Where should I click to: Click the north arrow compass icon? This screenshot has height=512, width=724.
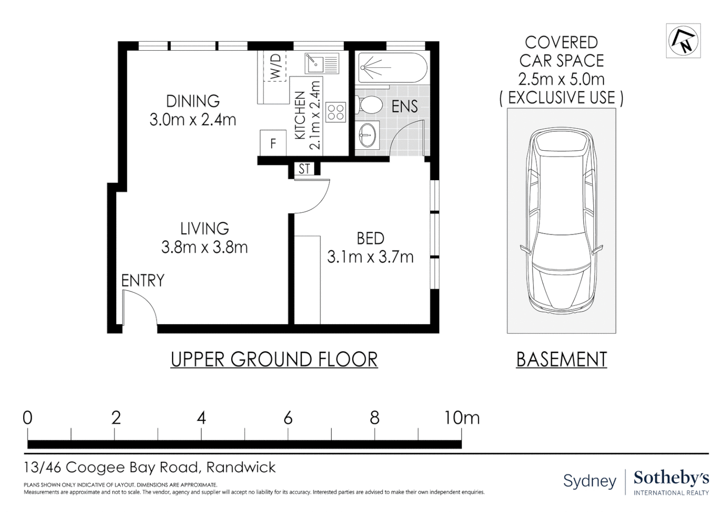(x=683, y=41)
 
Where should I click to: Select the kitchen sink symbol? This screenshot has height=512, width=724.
(x=322, y=64)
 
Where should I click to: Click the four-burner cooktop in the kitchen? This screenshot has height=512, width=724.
(x=335, y=112)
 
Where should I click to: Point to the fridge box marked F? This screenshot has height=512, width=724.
(x=273, y=143)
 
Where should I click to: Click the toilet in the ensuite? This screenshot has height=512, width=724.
(x=369, y=105)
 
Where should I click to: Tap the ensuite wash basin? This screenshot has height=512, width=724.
(x=367, y=135)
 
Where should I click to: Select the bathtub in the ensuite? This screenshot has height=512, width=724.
(x=393, y=68)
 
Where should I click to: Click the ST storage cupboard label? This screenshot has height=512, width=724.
(x=304, y=169)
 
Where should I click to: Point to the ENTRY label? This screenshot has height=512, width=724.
(x=143, y=281)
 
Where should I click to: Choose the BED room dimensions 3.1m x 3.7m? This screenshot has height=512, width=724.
(x=371, y=257)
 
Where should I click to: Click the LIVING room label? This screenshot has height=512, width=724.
(x=205, y=229)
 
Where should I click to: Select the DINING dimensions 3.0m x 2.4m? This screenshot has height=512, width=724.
(x=193, y=120)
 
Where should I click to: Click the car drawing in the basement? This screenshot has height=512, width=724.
(x=561, y=220)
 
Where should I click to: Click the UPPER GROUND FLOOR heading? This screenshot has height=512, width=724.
(x=274, y=359)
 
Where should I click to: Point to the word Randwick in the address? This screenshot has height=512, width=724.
(x=241, y=467)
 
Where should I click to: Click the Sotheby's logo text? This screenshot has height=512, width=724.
(x=671, y=478)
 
